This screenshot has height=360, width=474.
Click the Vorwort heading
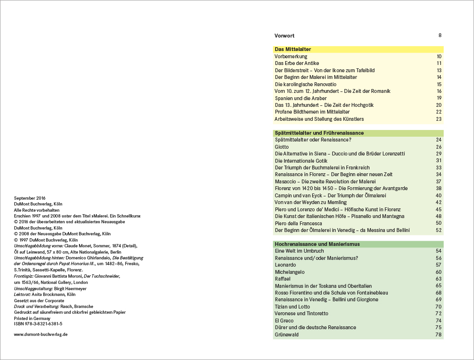(284, 36)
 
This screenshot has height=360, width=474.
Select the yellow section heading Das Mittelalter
(292, 49)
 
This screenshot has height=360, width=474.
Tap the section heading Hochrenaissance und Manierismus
(317, 244)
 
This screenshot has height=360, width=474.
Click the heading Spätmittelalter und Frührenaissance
(319, 133)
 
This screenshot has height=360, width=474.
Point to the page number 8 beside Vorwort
(440, 36)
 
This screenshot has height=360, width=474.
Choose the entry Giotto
(281, 147)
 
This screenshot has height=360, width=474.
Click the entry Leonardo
(285, 265)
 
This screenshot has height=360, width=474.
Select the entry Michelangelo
(289, 272)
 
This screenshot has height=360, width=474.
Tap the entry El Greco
(284, 321)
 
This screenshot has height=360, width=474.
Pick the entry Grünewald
(287, 334)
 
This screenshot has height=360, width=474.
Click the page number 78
(438, 334)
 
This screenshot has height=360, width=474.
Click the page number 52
(438, 230)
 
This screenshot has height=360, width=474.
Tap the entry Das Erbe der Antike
(297, 63)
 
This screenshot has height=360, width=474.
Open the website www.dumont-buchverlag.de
(41, 334)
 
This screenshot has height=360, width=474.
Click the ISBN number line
(38, 324)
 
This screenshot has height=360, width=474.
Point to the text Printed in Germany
(32, 318)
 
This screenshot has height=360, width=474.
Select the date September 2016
(30, 198)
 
